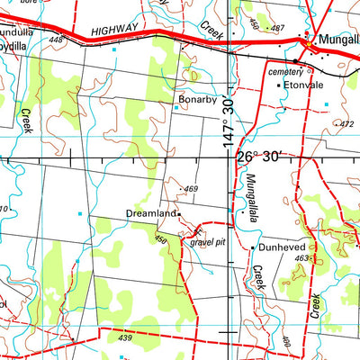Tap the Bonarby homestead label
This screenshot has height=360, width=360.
(x=198, y=99)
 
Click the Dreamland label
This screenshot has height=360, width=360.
(x=149, y=214)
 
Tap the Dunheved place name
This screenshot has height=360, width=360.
(x=283, y=246)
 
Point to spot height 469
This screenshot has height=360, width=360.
(x=191, y=188)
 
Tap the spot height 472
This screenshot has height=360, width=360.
(x=343, y=122)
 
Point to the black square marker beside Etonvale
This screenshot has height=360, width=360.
(x=278, y=85)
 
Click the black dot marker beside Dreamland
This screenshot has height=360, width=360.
(x=178, y=214)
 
